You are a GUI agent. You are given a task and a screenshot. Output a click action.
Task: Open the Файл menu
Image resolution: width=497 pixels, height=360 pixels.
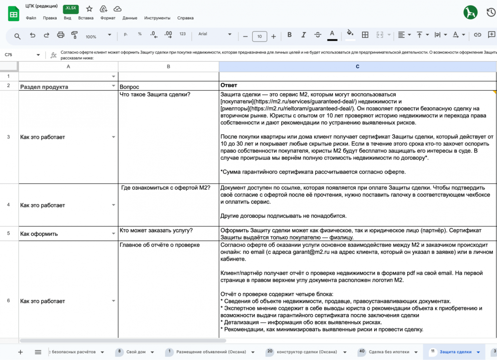[31, 18]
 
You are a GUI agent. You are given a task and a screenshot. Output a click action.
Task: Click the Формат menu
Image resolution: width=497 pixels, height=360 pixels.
[108, 18]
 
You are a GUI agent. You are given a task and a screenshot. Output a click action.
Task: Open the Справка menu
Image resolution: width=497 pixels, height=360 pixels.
[185, 18]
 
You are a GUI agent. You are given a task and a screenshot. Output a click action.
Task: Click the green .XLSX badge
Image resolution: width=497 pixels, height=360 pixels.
[70, 9]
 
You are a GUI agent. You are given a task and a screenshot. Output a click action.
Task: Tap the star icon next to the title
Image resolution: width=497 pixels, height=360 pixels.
[89, 9]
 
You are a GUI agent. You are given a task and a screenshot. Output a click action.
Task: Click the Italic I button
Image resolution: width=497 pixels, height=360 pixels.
[303, 35]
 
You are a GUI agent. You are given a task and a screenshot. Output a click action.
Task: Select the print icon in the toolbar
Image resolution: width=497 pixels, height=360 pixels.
[60, 35]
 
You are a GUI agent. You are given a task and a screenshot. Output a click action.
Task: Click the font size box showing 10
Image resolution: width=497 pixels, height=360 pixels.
[259, 36]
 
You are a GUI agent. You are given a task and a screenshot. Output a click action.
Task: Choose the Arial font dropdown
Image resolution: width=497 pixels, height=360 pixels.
[214, 34]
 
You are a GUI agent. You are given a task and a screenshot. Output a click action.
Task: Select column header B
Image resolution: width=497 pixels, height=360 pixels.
[168, 67]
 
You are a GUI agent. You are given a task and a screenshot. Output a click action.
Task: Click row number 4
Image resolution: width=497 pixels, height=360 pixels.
[9, 205]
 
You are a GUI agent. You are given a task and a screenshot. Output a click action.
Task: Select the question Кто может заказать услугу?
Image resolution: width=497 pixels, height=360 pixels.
[156, 231]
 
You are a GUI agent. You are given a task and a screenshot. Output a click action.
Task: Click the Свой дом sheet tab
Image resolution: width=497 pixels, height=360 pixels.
[136, 352]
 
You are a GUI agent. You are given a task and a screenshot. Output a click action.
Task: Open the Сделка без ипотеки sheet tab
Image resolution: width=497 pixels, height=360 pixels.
[389, 352]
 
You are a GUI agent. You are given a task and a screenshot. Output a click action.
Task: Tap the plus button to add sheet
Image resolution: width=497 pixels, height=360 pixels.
[20, 352]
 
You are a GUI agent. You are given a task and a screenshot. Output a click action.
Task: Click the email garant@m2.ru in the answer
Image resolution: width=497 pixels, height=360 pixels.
[313, 252]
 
